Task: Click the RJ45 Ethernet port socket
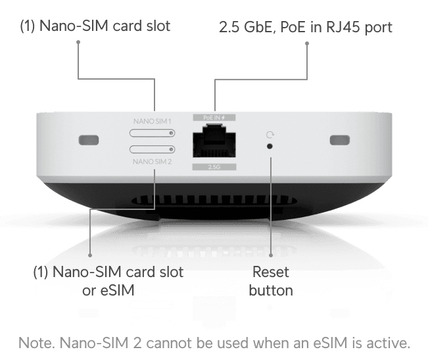(215, 140)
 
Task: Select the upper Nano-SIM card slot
(152, 132)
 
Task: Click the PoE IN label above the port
(214, 117)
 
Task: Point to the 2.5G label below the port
(214, 167)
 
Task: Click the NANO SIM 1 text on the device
(152, 121)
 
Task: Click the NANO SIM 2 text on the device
(152, 161)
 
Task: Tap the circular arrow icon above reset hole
(270, 135)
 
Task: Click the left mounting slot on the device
(88, 140)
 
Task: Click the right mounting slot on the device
(339, 140)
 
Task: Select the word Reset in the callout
(270, 272)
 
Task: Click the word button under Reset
(270, 290)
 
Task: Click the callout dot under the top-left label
(78, 42)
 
